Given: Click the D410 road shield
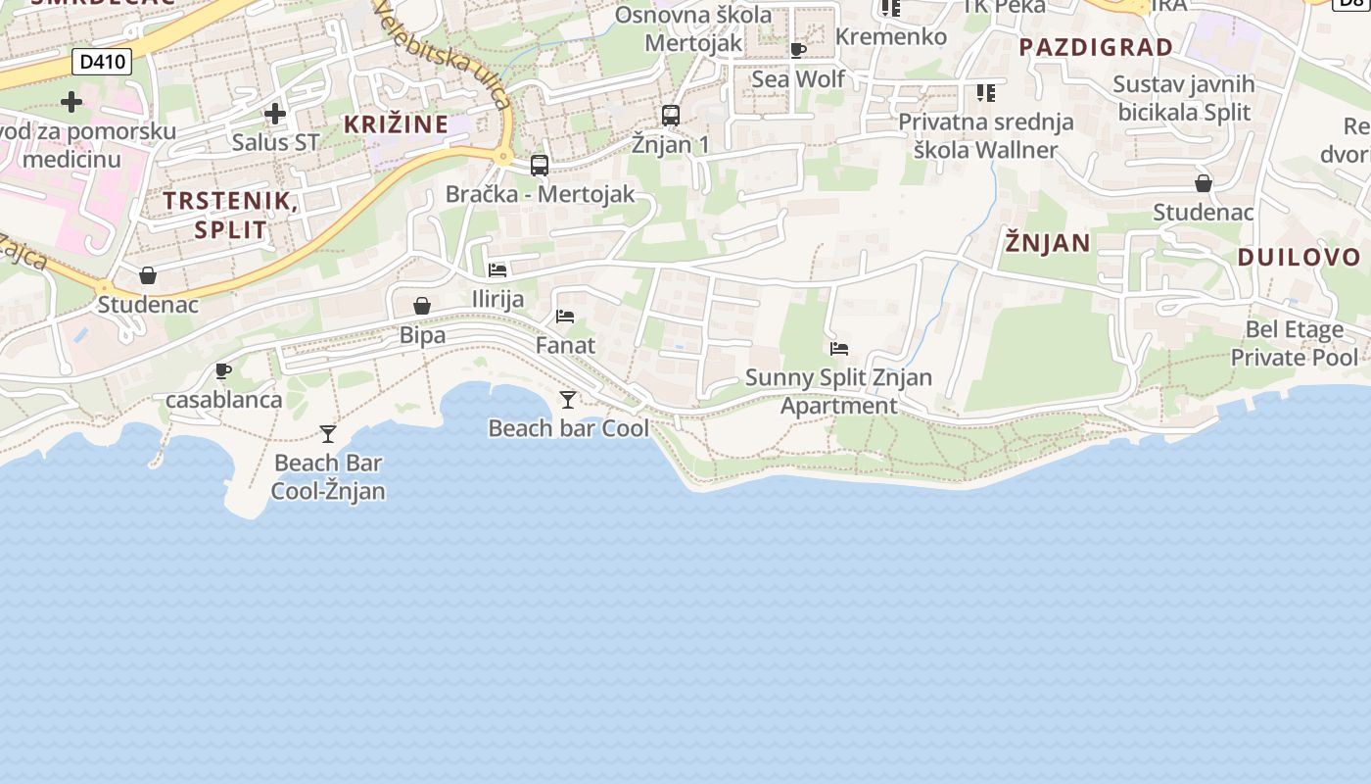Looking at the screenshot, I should point(102,63).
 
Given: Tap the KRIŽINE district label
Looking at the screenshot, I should point(396,124).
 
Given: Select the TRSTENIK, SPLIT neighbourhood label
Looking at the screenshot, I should point(230,216).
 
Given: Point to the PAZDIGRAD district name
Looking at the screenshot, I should point(1096,47).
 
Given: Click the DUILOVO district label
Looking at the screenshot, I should point(1299,258).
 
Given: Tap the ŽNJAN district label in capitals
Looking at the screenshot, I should point(1047,242).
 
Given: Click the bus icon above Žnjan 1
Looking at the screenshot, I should point(671,116).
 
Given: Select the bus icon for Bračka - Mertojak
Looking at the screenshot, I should point(540,166).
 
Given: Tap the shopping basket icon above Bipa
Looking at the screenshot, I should point(422,306).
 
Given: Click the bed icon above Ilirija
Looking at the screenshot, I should point(497,269).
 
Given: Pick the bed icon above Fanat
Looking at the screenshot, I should point(565,316).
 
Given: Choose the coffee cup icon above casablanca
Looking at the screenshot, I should point(223,370).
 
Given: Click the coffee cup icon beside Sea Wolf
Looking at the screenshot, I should point(798,50).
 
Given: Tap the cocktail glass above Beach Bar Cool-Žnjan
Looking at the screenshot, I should point(328,433).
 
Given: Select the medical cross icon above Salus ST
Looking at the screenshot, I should point(275,114).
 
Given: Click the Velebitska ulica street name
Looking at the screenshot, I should point(444,54).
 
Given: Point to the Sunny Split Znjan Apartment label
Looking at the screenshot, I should point(838,391).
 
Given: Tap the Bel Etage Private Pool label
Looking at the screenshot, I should point(1294,343).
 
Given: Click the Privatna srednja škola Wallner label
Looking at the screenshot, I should point(985,135).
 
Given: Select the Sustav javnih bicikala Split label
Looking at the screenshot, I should point(1183,98).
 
